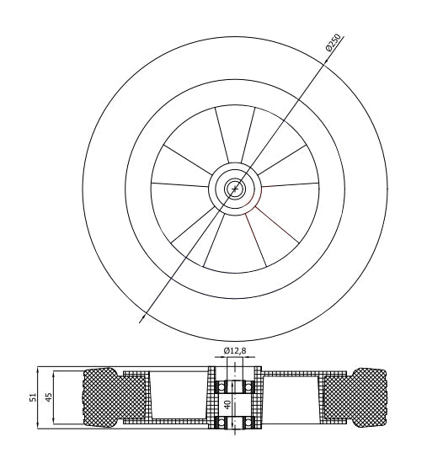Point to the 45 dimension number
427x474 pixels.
50,397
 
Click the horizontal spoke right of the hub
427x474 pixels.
289,188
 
